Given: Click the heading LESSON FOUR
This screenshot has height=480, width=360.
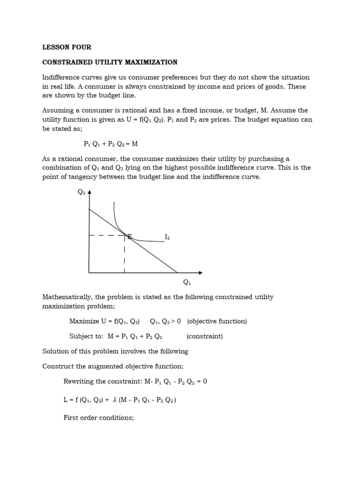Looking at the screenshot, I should point(67,47).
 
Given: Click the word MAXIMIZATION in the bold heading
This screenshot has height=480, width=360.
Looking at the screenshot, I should point(150,62).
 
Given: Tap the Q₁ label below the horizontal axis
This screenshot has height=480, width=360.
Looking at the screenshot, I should point(187,282).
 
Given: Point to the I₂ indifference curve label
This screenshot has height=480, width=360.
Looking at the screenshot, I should point(167,237).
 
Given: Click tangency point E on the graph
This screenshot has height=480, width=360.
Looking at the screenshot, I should point(129,237).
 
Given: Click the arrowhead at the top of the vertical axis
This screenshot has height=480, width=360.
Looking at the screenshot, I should point(89,192).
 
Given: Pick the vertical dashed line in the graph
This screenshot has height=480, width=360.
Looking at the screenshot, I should point(124,255).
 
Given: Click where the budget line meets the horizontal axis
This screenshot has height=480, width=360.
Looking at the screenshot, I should point(177,272).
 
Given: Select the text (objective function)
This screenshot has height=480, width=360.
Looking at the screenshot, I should point(217,321).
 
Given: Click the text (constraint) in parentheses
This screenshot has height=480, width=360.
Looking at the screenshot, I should point(205,336).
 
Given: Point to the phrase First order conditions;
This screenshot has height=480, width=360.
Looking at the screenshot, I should point(98,417).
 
